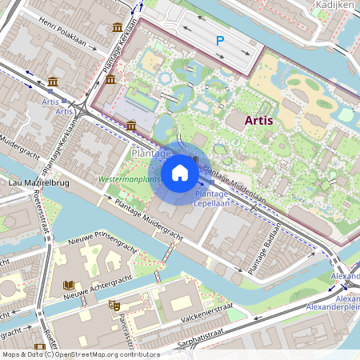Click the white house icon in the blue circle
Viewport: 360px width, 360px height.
(180, 173)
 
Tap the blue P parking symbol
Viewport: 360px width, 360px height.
(220, 40)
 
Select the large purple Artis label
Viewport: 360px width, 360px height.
(265, 120)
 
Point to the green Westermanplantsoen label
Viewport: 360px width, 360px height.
(127, 180)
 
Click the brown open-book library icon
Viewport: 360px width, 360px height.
(69, 285)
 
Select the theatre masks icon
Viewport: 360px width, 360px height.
(114, 305)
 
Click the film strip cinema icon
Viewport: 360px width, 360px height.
(39, 346)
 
